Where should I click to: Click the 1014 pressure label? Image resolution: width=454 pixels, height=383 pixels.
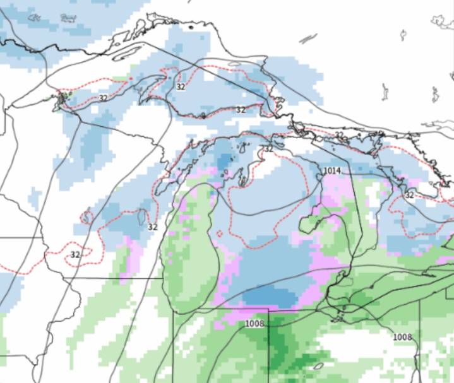click(333, 171)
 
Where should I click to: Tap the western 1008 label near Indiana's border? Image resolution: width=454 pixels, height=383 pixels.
click(254, 324)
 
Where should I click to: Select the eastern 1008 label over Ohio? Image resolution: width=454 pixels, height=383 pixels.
click(402, 337)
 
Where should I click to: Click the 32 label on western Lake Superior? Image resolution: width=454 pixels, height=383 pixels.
click(103, 98)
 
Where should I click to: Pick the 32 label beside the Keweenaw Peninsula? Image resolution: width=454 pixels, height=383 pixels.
click(181, 86)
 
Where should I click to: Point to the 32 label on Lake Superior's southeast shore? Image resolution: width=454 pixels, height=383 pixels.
click(241, 109)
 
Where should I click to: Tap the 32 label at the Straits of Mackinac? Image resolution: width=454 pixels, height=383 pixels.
click(269, 149)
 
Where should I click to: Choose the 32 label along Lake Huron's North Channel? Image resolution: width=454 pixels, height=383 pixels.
click(340, 135)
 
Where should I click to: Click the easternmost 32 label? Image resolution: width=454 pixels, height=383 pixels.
click(409, 195)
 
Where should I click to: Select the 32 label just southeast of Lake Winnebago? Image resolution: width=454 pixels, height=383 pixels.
click(152, 227)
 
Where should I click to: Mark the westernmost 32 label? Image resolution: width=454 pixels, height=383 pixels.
click(75, 254)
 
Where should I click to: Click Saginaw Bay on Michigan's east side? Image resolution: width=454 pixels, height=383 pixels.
click(313, 221)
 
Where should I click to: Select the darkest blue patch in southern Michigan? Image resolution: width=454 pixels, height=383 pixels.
click(268, 297)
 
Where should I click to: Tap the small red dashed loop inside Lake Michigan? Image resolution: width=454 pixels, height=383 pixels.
click(220, 233)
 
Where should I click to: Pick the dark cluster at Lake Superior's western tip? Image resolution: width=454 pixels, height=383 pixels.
click(63, 99)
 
